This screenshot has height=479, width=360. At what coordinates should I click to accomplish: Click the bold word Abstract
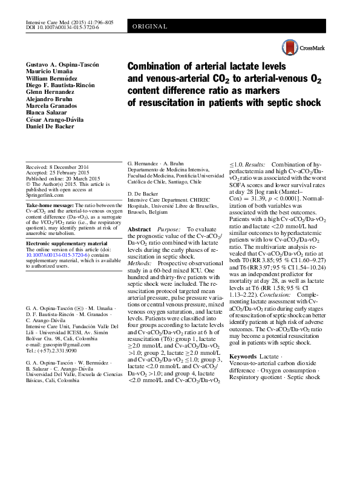tap(140, 230)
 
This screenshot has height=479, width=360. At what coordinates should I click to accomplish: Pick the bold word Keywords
tap(244, 356)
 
